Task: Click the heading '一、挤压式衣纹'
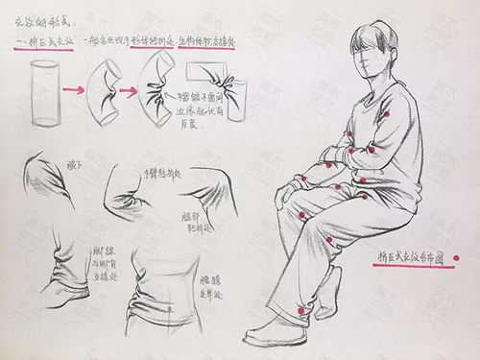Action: (x=46, y=41)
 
